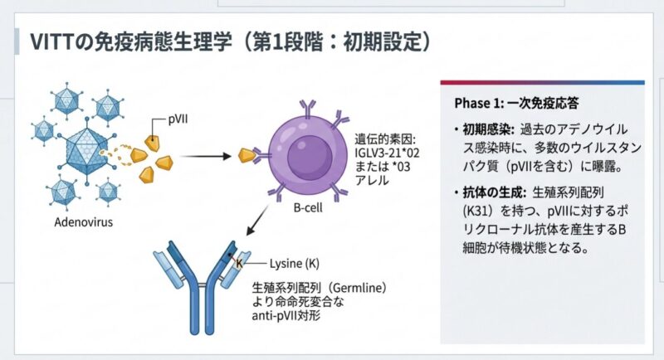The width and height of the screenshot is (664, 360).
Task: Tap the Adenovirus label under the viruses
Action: (83, 222)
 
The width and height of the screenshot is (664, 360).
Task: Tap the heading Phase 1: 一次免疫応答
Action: (516, 104)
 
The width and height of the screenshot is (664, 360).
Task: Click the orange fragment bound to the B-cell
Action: (246, 154)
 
